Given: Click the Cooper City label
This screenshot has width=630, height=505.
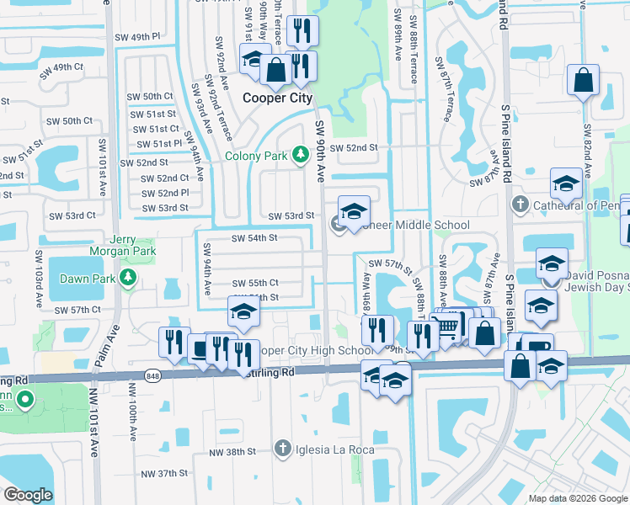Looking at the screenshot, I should pos(276,98).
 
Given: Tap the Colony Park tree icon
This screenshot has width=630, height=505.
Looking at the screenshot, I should pos(300,154).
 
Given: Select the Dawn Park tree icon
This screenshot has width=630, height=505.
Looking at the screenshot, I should pos(128,278).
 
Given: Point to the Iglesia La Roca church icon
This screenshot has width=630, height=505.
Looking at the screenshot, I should pos(284,449).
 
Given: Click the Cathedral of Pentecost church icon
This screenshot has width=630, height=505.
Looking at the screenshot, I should pos(520,205).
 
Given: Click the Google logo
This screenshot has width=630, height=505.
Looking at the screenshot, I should pos(29,494).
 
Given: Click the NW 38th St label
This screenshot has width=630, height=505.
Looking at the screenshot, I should pos(233,452).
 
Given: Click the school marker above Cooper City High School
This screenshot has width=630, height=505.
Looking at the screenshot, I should pos(243,313).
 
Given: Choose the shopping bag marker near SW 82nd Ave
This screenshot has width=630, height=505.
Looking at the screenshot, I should pos(583,81).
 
